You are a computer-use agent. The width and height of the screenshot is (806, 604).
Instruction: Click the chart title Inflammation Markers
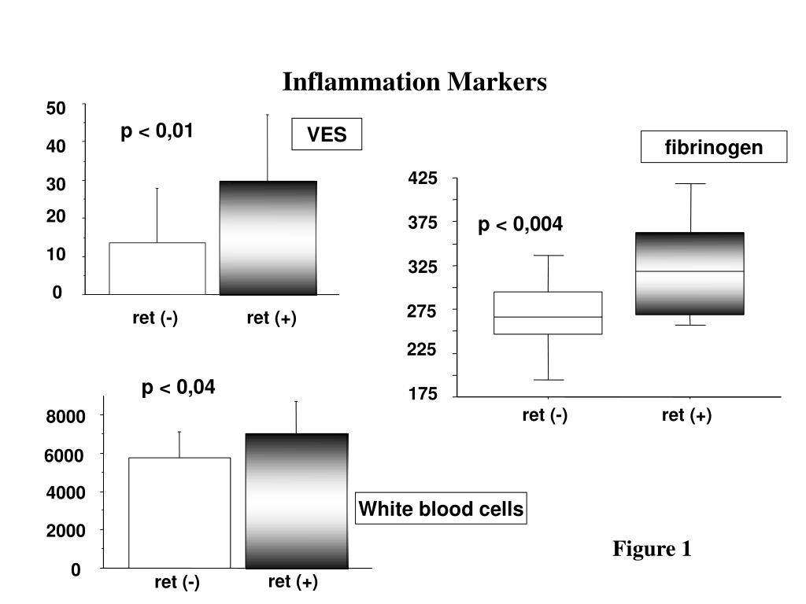tap(414, 82)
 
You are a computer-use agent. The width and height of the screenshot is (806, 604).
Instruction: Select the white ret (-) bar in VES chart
tap(157, 269)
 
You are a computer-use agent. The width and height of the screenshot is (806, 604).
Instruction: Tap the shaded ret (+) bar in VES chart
tap(268, 238)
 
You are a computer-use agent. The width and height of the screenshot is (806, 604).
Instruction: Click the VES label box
tap(327, 134)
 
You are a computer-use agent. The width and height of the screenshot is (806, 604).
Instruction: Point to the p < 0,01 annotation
tap(157, 131)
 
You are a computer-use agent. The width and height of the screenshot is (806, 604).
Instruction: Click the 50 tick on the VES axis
tap(56, 109)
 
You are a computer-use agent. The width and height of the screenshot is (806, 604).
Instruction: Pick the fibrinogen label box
tap(713, 147)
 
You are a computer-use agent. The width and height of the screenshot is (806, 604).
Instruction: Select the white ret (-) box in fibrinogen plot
tap(548, 313)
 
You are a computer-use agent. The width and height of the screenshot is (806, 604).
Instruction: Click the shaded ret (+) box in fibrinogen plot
tap(690, 274)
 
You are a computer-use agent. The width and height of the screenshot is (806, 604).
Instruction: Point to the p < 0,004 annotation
tap(520, 224)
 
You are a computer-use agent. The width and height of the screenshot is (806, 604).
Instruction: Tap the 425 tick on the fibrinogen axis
tap(423, 179)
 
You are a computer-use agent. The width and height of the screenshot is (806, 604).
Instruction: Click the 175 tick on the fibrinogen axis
tap(423, 394)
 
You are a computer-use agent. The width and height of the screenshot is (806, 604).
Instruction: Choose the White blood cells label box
tap(441, 509)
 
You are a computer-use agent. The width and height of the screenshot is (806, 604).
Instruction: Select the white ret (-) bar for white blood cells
tap(179, 513)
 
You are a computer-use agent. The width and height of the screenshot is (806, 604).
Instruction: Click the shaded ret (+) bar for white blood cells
tap(297, 501)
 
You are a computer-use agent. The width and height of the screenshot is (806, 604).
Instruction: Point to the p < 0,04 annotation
tap(179, 387)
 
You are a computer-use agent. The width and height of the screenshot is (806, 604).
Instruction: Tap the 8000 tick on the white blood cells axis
tap(65, 416)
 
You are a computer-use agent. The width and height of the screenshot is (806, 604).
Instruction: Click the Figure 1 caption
tap(652, 548)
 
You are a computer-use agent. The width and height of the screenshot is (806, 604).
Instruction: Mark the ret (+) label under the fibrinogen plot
tap(686, 415)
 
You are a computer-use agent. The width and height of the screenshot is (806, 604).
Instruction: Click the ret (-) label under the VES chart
tap(155, 318)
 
